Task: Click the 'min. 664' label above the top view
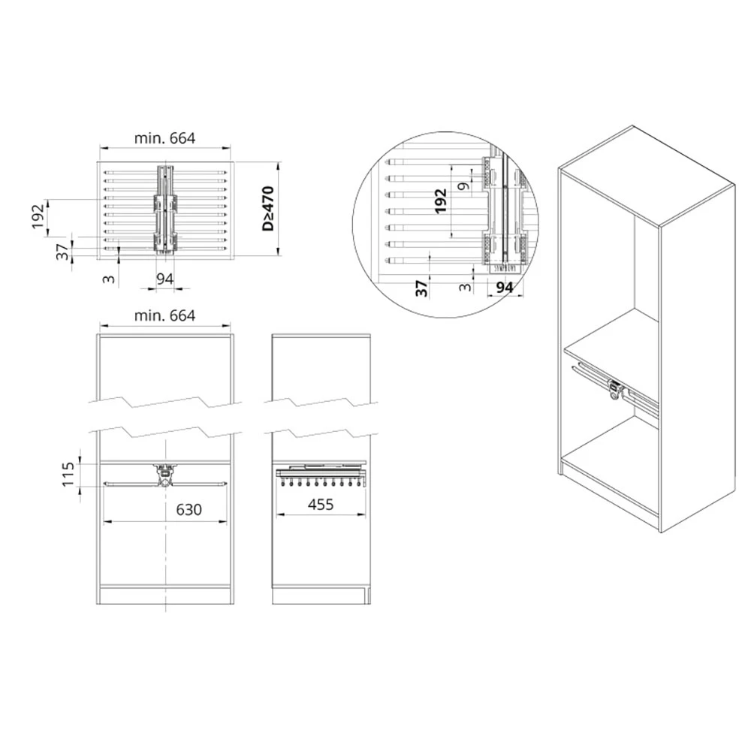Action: click(x=164, y=138)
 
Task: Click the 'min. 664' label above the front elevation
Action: click(x=164, y=315)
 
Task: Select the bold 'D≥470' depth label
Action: click(x=268, y=209)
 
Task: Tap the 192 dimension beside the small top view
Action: click(x=38, y=216)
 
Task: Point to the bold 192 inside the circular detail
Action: click(x=440, y=201)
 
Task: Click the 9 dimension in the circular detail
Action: click(x=463, y=185)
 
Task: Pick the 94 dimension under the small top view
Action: click(x=164, y=279)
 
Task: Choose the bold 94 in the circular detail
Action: click(x=505, y=288)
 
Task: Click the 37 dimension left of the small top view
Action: click(x=63, y=252)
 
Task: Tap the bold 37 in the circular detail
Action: click(x=421, y=288)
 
